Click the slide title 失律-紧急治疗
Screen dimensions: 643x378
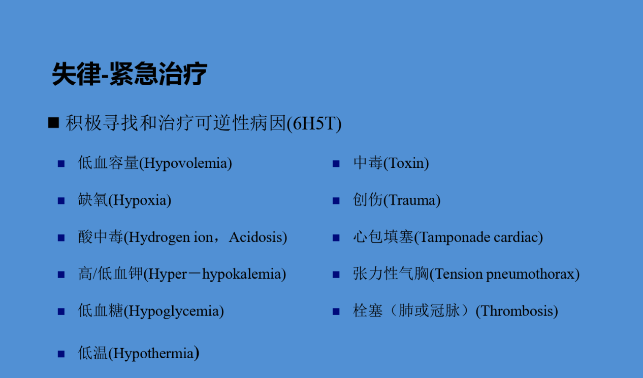tap(130, 74)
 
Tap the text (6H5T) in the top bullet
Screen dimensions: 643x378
tap(314, 124)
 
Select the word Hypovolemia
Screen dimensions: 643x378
tap(185, 164)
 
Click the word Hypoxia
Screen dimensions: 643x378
tap(140, 201)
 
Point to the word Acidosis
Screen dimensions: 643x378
tap(256, 237)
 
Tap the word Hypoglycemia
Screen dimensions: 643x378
tap(174, 312)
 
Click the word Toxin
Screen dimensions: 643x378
tap(406, 163)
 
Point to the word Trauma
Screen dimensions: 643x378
tap(412, 200)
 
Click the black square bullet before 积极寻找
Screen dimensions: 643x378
tap(54, 123)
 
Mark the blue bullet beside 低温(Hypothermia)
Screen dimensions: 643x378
tap(61, 354)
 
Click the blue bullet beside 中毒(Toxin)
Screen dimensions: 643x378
tap(336, 164)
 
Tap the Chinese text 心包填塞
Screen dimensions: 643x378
tap(383, 237)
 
